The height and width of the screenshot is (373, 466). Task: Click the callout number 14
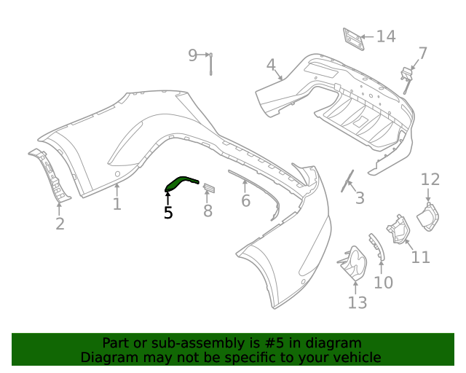tap(386, 36)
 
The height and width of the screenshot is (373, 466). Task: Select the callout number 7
tap(422, 53)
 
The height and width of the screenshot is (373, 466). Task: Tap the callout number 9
tap(192, 55)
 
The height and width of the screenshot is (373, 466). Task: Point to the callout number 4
tap(271, 66)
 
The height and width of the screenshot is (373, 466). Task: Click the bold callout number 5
tap(168, 213)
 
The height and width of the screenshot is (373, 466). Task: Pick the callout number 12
tap(430, 179)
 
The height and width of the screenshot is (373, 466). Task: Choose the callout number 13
tap(357, 302)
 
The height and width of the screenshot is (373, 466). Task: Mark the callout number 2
tap(60, 224)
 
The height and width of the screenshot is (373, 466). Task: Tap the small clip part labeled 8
tap(209, 189)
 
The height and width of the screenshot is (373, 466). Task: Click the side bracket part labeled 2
tap(50, 175)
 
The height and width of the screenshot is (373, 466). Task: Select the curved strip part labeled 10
tap(375, 247)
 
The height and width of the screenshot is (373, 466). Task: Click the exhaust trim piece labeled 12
tap(428, 216)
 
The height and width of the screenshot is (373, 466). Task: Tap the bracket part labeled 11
tap(398, 229)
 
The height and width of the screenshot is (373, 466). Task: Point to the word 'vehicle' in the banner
tap(355, 358)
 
